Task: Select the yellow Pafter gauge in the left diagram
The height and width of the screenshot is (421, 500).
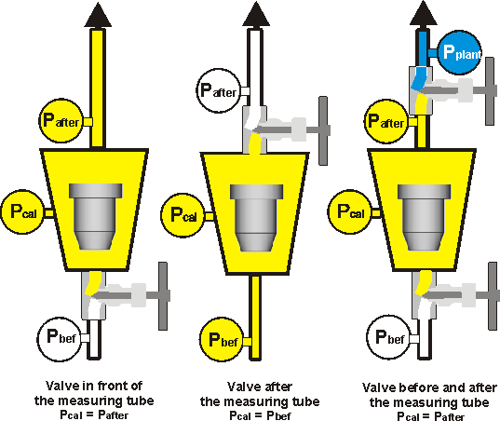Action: [61, 120]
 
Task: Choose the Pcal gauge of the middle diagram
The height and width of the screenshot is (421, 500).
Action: [183, 213]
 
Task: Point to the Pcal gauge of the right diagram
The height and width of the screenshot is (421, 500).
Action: [348, 211]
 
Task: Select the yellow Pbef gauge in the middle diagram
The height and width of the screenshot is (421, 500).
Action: [222, 337]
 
